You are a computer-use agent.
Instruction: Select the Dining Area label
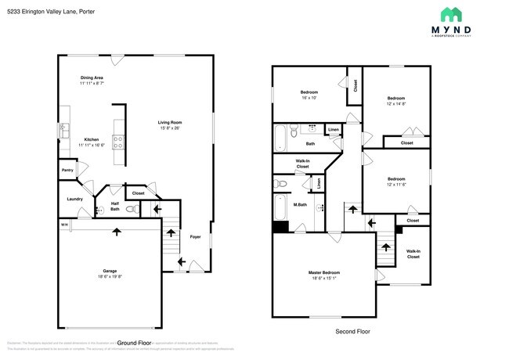pos(92,81)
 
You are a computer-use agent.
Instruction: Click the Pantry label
pos(67,169)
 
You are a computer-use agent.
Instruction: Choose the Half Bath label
pos(114,207)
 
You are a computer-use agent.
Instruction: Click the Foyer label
pos(195,236)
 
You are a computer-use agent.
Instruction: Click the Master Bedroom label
pos(323,275)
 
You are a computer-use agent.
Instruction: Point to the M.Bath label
pos(299,205)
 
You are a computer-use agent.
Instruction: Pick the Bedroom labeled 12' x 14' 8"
pos(396,100)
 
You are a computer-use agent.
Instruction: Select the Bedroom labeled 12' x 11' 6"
pos(396,181)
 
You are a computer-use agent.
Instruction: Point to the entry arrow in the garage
pos(117,231)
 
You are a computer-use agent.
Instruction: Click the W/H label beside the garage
pos(63,225)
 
